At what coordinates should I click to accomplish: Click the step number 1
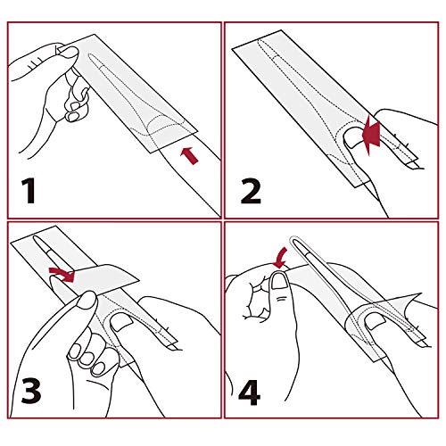(29, 190)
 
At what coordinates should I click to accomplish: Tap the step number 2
(251, 191)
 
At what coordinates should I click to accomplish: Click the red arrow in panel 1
(189, 155)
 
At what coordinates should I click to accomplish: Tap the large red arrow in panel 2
(371, 135)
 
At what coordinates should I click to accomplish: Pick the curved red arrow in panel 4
(281, 256)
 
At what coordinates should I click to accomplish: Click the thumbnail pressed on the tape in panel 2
(352, 136)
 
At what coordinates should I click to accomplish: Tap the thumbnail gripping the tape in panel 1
(69, 51)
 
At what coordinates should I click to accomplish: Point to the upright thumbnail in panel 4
(279, 281)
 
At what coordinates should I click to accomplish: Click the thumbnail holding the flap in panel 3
(87, 301)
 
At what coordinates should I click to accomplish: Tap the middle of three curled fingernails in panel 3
(87, 358)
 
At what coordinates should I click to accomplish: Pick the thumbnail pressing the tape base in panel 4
(376, 321)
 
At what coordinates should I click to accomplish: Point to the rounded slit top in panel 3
(36, 238)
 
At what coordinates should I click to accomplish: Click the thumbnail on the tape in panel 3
(121, 322)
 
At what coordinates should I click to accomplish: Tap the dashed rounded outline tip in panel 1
(92, 56)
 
